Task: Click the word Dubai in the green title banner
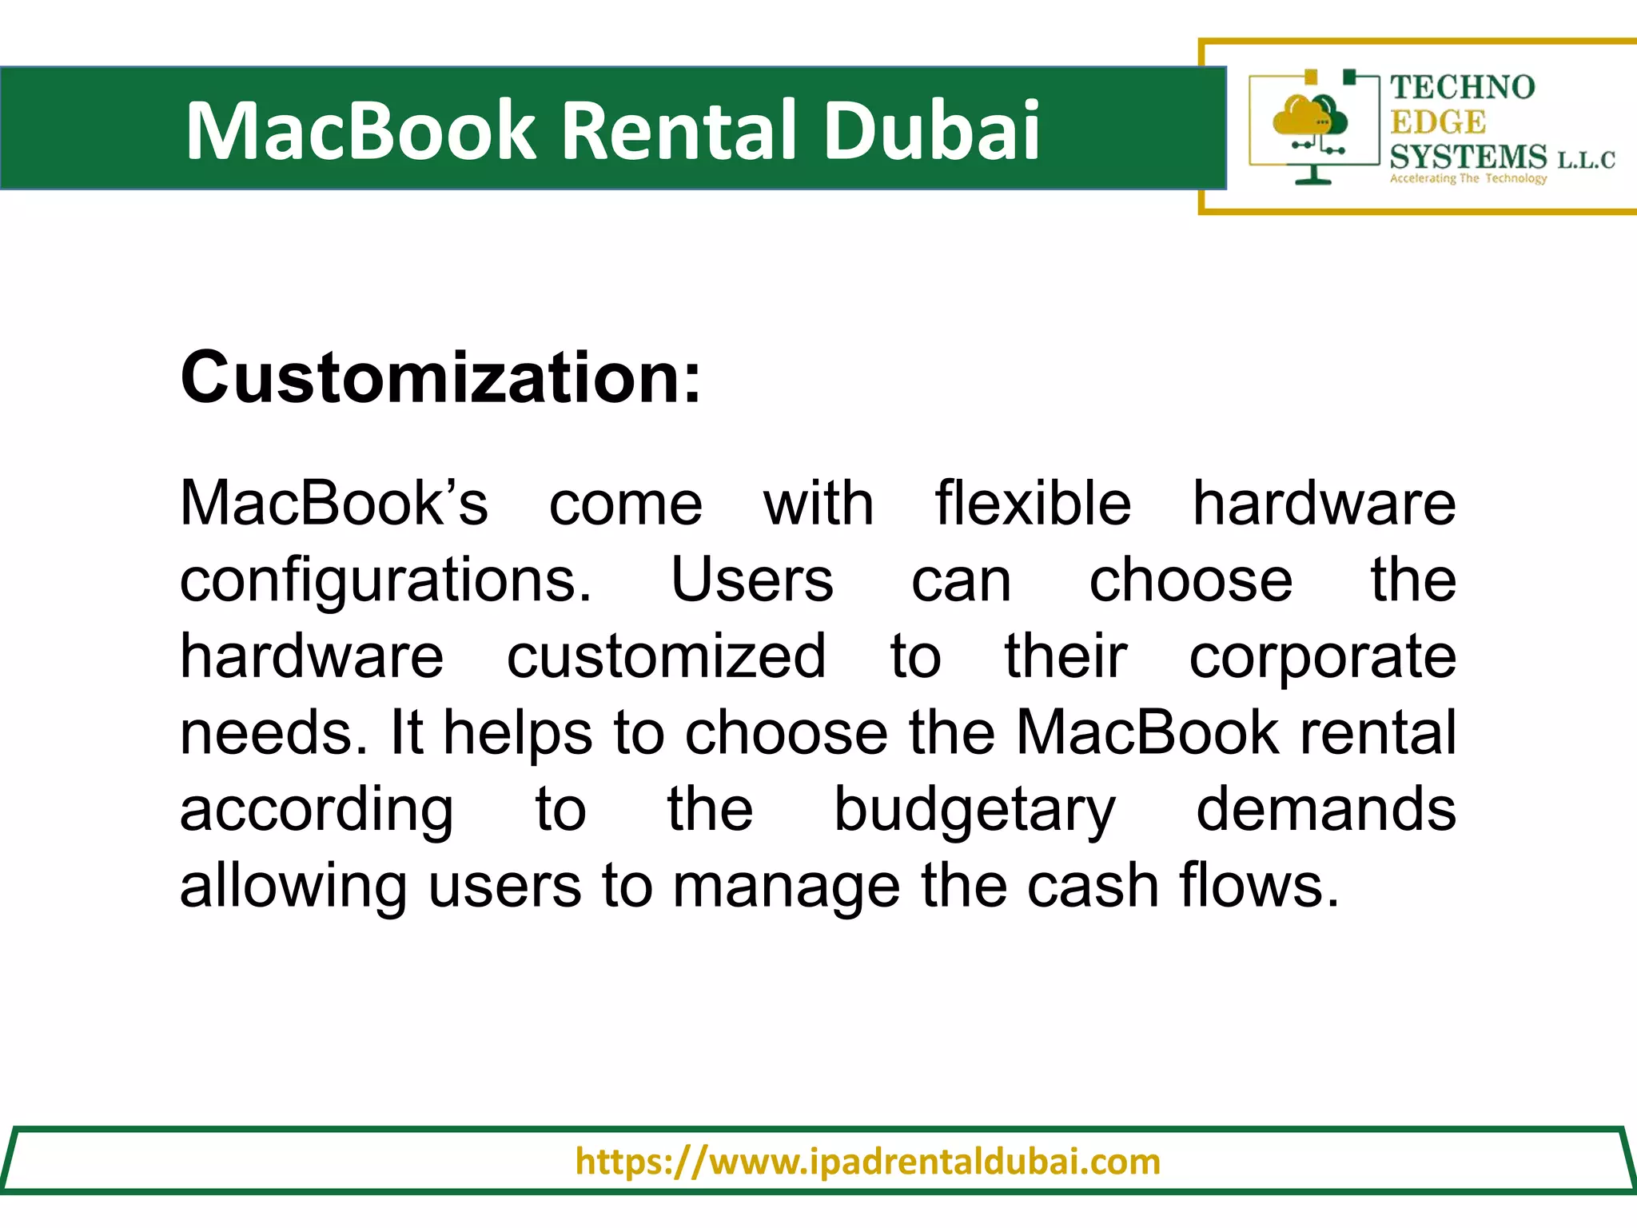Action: coord(931,130)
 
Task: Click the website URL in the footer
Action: coord(867,1161)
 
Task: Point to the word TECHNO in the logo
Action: coord(1462,87)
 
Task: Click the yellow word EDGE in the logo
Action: coord(1438,122)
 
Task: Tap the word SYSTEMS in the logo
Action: coord(1468,157)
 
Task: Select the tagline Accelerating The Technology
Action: coord(1468,178)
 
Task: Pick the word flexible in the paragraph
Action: coord(1033,504)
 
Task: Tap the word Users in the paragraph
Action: coord(751,580)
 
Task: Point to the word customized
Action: coord(667,656)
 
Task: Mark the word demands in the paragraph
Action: coord(1326,809)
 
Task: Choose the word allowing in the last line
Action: coord(293,887)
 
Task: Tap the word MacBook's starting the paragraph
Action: coord(333,504)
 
